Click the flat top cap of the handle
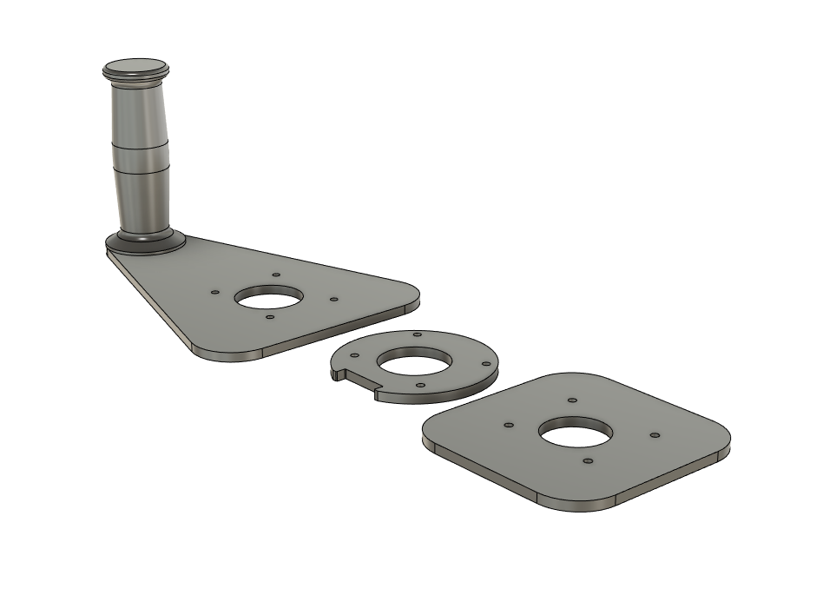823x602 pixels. tap(135, 66)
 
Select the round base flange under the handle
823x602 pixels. tap(145, 242)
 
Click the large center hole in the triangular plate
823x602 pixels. tap(269, 298)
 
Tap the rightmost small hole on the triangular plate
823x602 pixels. tap(333, 299)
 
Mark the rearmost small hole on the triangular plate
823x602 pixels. tap(276, 275)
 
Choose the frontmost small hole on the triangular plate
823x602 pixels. tap(270, 318)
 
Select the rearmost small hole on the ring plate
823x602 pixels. tap(418, 334)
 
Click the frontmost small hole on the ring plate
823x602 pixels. tap(419, 384)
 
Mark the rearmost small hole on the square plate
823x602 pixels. tap(571, 400)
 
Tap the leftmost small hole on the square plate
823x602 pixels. tap(508, 426)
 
